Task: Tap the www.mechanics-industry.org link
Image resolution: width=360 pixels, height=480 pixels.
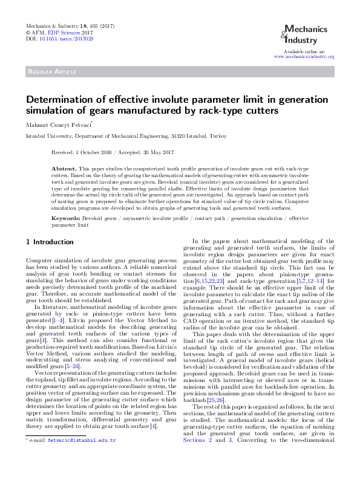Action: click(x=304, y=56)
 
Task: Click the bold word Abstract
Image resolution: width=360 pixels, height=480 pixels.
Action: click(x=80, y=166)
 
